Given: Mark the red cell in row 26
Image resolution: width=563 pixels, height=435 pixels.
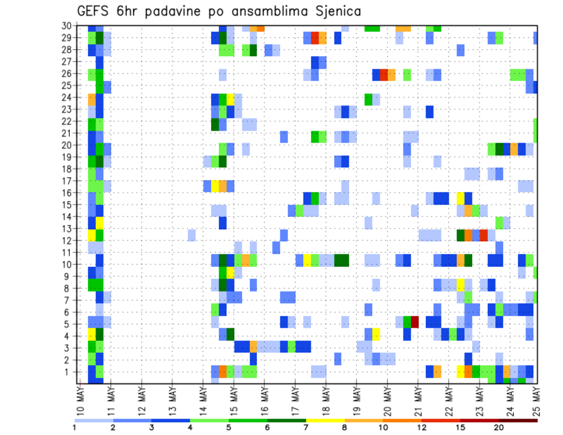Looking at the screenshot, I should pos(384,74).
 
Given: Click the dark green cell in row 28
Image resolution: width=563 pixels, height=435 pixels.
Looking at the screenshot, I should pos(253,50).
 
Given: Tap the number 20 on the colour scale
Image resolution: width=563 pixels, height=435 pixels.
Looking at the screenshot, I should pos(499,427).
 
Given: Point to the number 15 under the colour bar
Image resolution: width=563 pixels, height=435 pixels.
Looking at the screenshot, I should pos(461,427).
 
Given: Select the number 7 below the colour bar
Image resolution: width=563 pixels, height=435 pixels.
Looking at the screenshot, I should pos(306,427).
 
